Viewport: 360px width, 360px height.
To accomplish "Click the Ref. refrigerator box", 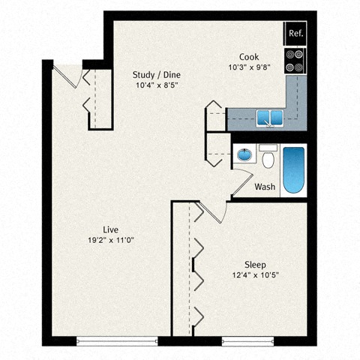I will click(x=295, y=34).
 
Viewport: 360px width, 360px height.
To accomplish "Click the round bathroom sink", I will click(x=244, y=155).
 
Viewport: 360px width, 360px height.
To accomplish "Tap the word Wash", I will click(x=264, y=187).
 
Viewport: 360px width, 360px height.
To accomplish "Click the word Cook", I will click(x=249, y=57).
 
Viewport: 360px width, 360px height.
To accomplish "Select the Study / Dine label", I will click(x=156, y=75).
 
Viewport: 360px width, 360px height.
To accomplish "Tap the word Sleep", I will click(x=255, y=265).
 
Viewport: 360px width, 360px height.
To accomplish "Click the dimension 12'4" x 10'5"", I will click(x=255, y=276).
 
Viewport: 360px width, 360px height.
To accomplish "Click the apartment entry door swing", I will click(x=68, y=75).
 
